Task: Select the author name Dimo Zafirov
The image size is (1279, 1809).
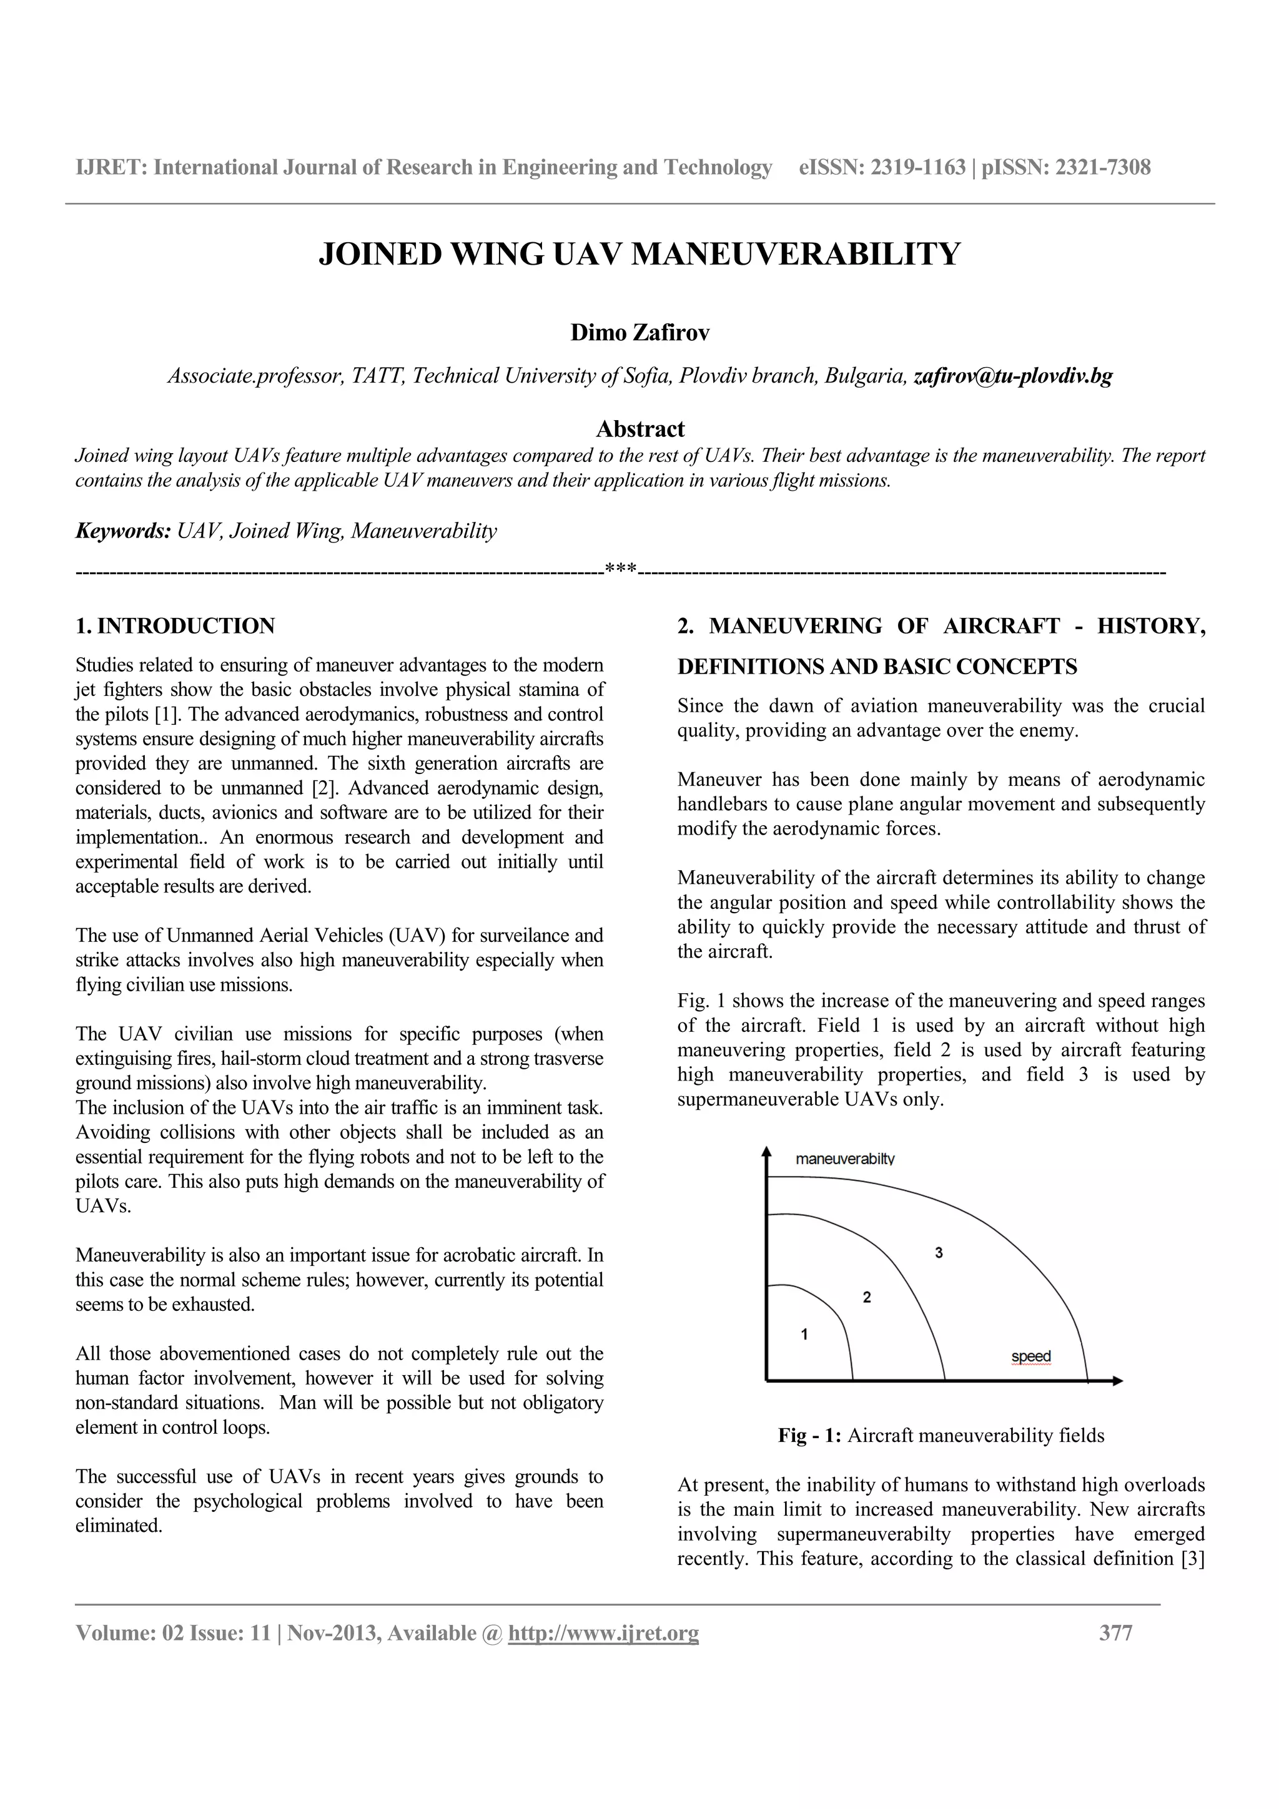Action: pos(639,333)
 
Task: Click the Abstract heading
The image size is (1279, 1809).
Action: pos(639,429)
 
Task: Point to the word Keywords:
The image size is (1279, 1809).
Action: pos(123,531)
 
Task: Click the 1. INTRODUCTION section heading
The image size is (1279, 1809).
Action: pos(175,626)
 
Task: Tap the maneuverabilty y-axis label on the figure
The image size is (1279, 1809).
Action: pos(845,1159)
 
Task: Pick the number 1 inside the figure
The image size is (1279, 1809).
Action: pos(804,1334)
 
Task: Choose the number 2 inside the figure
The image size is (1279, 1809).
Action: pos(867,1297)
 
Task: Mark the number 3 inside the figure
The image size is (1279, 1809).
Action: pos(939,1252)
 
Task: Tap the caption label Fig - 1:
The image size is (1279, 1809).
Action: pos(810,1436)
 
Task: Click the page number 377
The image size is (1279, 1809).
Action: pos(1115,1634)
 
